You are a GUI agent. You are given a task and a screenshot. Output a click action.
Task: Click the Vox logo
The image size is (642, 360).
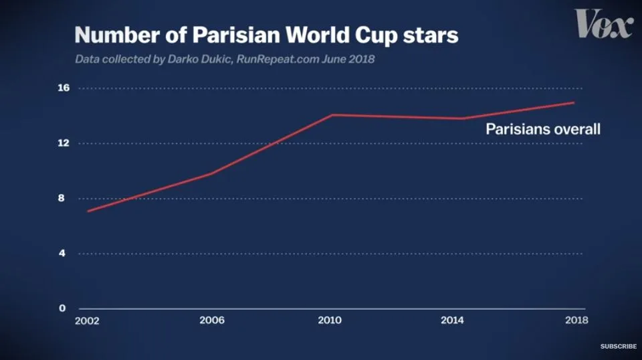click(x=605, y=23)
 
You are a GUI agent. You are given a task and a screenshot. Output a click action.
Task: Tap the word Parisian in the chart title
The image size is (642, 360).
click(x=236, y=35)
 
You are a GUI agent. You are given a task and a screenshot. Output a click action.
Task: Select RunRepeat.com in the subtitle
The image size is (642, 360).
click(x=278, y=60)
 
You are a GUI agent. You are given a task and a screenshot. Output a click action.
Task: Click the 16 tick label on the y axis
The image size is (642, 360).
click(x=64, y=88)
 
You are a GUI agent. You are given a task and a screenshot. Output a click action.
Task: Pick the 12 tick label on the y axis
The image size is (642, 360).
click(x=64, y=143)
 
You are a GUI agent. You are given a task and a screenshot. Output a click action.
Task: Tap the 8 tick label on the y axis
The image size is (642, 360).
click(x=62, y=198)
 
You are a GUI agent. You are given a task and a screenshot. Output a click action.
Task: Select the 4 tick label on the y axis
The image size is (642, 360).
click(x=62, y=253)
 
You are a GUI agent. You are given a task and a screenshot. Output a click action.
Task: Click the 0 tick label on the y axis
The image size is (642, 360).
click(x=62, y=308)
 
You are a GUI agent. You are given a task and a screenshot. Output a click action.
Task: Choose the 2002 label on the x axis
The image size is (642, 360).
click(x=87, y=321)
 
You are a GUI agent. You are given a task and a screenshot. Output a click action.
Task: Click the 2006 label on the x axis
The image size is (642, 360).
click(x=212, y=320)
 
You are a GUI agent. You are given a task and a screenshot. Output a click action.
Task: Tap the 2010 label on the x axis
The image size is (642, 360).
click(x=330, y=320)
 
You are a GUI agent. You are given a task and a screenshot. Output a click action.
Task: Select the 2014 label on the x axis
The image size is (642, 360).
click(x=452, y=320)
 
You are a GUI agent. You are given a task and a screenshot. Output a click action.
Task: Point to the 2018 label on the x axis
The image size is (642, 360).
click(x=576, y=320)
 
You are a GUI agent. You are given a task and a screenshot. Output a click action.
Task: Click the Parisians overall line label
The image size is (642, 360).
click(x=543, y=129)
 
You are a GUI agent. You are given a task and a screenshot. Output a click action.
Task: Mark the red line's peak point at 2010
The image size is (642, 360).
click(x=332, y=115)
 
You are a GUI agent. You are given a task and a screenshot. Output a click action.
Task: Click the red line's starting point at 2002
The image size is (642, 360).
click(x=88, y=211)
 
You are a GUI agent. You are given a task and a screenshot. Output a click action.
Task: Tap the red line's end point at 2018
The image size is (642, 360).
click(x=574, y=103)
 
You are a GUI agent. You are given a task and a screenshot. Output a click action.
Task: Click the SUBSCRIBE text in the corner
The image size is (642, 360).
click(x=618, y=347)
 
